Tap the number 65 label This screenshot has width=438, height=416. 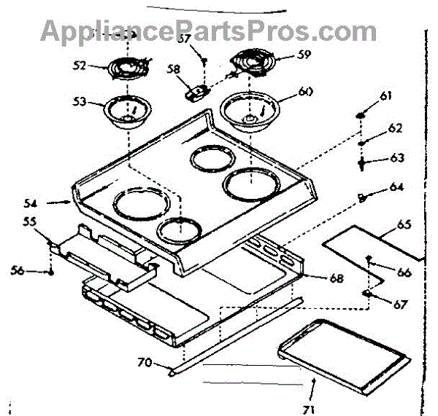coord(404,224)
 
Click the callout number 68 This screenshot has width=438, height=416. coord(316,277)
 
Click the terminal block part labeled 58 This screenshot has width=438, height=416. coord(195,93)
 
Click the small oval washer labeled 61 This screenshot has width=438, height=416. coord(362,114)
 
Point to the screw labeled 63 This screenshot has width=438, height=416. coord(362,163)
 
